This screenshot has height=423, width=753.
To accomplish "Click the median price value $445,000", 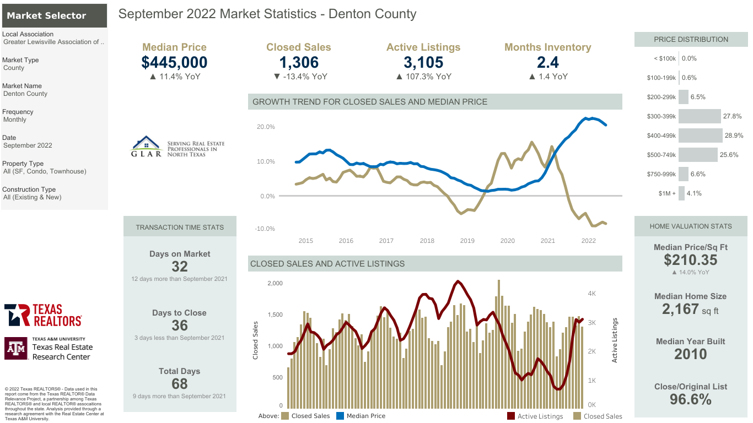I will click(174, 62).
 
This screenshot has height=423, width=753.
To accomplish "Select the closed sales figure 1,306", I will click(298, 62).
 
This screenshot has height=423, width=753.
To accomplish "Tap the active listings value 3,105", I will click(423, 62).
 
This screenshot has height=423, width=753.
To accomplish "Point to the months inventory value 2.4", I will click(547, 62).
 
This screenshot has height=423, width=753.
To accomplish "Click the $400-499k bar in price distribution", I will click(700, 135).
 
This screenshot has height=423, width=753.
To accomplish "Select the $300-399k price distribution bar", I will click(700, 116).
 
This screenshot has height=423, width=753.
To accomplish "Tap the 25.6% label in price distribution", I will click(729, 155).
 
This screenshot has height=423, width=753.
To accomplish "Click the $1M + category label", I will click(666, 193).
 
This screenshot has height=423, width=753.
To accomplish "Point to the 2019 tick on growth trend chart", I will click(467, 241).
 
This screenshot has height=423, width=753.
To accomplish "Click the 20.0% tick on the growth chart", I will click(266, 127).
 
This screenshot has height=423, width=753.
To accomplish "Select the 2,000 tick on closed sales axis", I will click(275, 283).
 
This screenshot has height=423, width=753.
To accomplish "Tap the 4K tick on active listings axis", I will click(591, 294).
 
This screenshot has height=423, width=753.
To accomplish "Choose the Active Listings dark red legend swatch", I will click(511, 416).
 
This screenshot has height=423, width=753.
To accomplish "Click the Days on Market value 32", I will click(180, 267).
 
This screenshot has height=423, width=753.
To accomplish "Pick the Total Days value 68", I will click(180, 383).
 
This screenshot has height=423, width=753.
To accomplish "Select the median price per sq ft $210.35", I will click(690, 260).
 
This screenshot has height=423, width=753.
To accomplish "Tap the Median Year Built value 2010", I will click(690, 354).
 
